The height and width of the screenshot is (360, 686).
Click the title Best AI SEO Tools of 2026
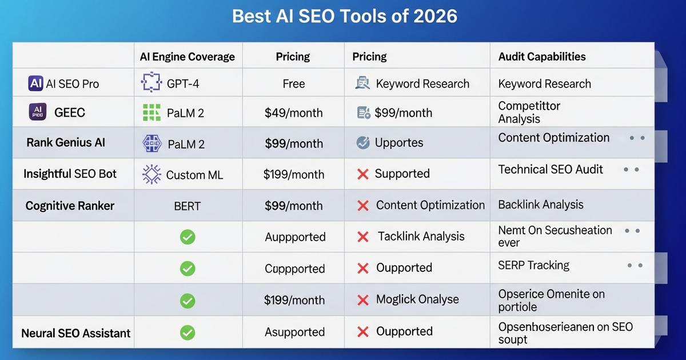[x=344, y=15]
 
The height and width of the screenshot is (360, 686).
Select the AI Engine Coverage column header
[x=187, y=57]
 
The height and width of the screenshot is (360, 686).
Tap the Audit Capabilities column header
[x=541, y=57]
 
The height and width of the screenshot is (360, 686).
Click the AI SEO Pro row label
[x=72, y=84]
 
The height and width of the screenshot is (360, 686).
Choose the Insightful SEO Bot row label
[x=70, y=174]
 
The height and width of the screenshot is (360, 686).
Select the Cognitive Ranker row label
[x=70, y=206]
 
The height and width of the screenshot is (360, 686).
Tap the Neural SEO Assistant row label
[x=75, y=333]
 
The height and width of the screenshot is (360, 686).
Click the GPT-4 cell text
[x=183, y=84]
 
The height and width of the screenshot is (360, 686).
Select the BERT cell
[x=187, y=206]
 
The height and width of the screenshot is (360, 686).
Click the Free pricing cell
[x=293, y=84]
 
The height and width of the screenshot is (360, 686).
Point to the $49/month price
[x=293, y=113]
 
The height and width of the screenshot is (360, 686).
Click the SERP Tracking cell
[x=533, y=265]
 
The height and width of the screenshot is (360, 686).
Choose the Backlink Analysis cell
[x=540, y=205]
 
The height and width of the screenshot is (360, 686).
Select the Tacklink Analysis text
[x=421, y=237]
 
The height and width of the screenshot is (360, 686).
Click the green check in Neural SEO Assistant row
[x=188, y=332]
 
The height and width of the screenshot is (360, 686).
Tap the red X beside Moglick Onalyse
[x=362, y=300]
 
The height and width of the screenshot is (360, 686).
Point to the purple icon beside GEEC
[x=37, y=112]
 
